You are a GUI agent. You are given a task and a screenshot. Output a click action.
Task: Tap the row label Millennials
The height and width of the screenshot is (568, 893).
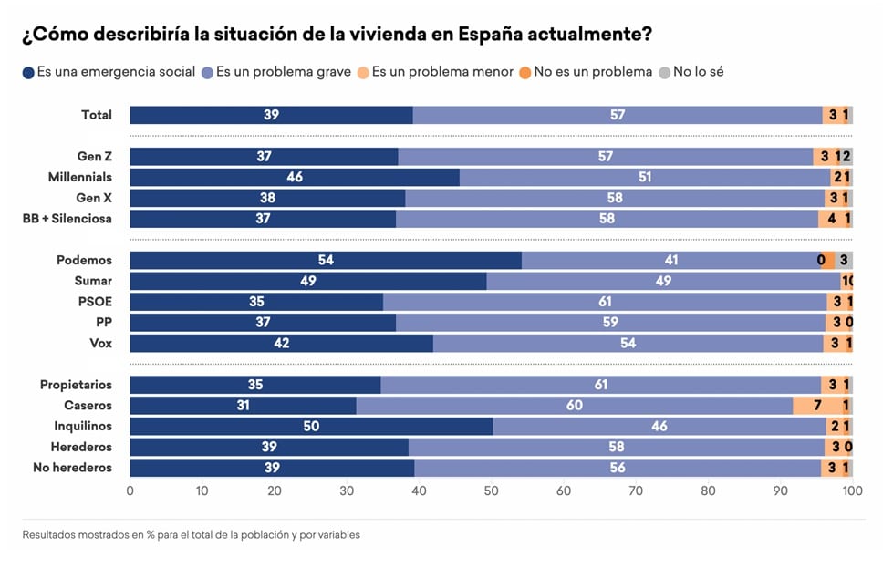tap(79, 177)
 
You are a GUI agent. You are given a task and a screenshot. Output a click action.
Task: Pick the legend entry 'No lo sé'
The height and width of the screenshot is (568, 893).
tap(698, 72)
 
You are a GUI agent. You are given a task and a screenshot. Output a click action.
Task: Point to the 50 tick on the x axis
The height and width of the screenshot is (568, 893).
tap(492, 491)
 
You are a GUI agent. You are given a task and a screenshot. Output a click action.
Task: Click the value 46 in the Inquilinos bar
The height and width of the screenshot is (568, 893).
tap(659, 427)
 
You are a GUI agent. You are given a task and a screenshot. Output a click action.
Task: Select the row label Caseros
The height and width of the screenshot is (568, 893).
tap(88, 406)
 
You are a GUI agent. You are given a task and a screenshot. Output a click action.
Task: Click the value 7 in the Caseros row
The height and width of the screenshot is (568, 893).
tap(817, 406)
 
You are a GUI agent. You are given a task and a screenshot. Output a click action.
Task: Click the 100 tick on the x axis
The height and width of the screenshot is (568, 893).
tap(852, 491)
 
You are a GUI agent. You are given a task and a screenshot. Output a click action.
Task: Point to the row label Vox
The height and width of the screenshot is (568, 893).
tap(100, 344)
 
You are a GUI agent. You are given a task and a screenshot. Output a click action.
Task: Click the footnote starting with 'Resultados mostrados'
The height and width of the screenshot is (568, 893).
tap(191, 535)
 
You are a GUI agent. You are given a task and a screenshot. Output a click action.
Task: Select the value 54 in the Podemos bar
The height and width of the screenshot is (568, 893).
tap(326, 261)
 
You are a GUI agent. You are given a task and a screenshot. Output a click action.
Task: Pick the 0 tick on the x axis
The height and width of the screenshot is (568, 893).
tap(130, 491)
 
